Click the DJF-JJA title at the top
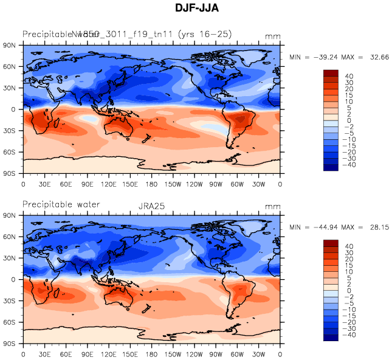point(196,9)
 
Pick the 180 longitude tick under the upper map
point(151,184)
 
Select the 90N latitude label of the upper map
point(10,46)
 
